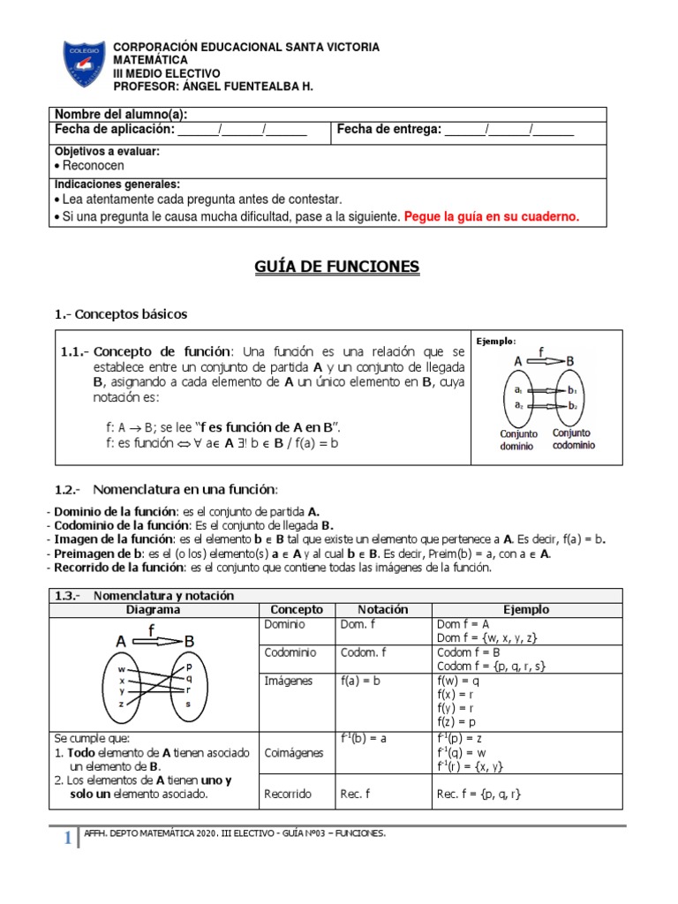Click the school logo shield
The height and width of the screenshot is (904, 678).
86,64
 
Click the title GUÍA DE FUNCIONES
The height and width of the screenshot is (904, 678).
338,267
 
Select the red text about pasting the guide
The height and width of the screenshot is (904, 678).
492,217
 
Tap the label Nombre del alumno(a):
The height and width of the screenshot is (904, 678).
121,115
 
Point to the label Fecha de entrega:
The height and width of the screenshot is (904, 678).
388,130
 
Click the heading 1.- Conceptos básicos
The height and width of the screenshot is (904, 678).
121,314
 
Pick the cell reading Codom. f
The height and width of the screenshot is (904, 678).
365,652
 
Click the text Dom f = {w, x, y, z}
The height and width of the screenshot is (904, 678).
487,638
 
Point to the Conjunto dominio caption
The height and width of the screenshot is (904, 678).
518,439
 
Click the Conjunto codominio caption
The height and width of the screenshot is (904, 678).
573,439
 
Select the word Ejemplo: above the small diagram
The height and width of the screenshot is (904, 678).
496,341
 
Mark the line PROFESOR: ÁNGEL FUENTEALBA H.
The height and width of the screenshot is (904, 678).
213,87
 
